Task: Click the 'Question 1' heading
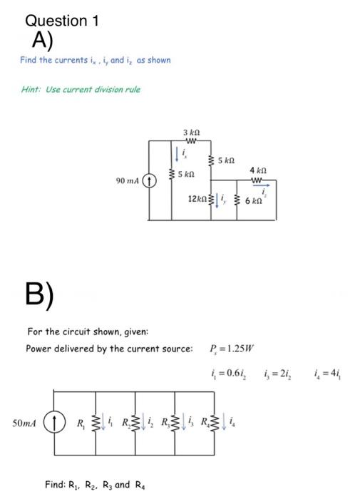click(61, 20)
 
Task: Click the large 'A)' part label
click(42, 40)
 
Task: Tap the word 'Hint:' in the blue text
click(33, 89)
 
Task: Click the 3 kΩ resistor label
click(190, 133)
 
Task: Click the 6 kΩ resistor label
click(254, 202)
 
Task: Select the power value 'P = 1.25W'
click(232, 349)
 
